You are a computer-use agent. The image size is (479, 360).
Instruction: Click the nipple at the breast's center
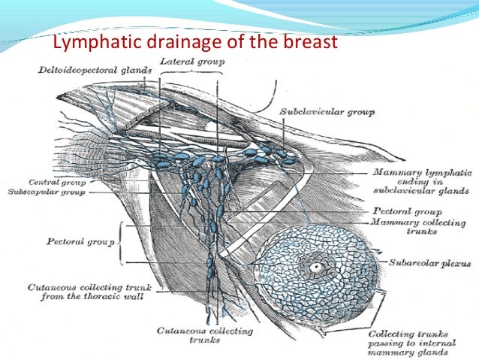tap(315, 267)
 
